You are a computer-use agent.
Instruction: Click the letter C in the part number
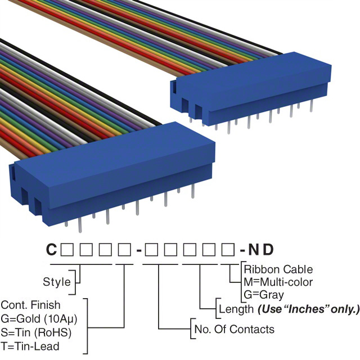[51, 249]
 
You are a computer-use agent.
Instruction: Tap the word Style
[57, 282]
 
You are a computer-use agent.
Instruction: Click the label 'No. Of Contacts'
[234, 329]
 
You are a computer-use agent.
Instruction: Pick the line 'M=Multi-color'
[278, 282]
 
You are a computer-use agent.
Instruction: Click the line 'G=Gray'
[264, 294]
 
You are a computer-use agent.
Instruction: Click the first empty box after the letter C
[66, 249]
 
